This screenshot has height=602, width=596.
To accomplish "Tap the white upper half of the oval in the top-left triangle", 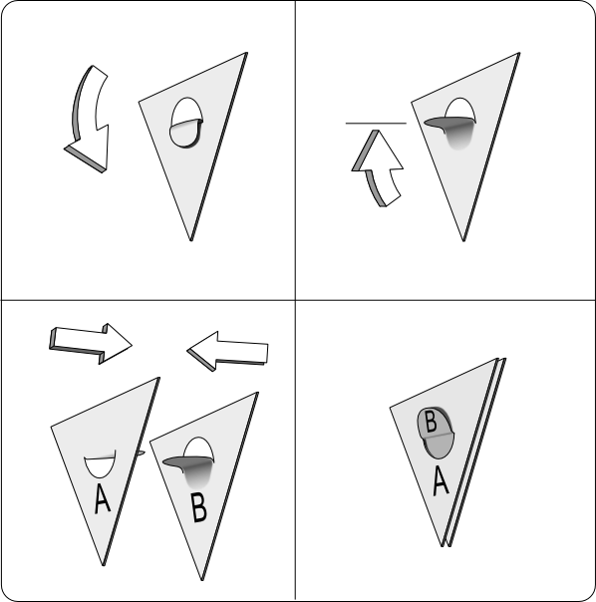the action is pos(186,111).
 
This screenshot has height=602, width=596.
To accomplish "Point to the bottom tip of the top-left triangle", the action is pos(190,241).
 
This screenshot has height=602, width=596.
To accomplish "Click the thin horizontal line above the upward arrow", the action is pos(376,124).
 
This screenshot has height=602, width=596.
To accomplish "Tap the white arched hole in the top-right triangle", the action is pos(460,109).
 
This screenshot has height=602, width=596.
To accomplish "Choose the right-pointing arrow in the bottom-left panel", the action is pos(91,344).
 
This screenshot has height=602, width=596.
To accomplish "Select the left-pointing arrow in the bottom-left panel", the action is pos(227,351).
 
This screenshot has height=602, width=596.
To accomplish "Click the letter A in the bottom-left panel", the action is pos(102,498).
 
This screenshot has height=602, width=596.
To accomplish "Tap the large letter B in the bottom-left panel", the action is pos(199,507).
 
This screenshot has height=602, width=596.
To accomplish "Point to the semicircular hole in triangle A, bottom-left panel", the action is pos(100,465).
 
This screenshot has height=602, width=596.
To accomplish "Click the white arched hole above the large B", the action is pos(198,448).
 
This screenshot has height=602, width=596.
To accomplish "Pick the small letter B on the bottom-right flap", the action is pos(432,422).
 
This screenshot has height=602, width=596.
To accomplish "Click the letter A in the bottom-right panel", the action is pos(441,480).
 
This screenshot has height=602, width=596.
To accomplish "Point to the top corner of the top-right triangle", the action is pos(519,53).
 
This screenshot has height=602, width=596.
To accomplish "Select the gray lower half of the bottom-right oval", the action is pos(438,446).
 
